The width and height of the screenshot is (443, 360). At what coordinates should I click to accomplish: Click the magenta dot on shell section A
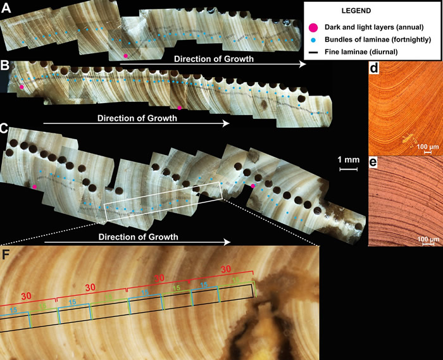click(x=126, y=56)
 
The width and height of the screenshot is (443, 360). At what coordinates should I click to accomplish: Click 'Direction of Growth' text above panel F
click(x=139, y=237)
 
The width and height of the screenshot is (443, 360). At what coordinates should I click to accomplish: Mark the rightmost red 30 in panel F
click(x=226, y=269)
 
